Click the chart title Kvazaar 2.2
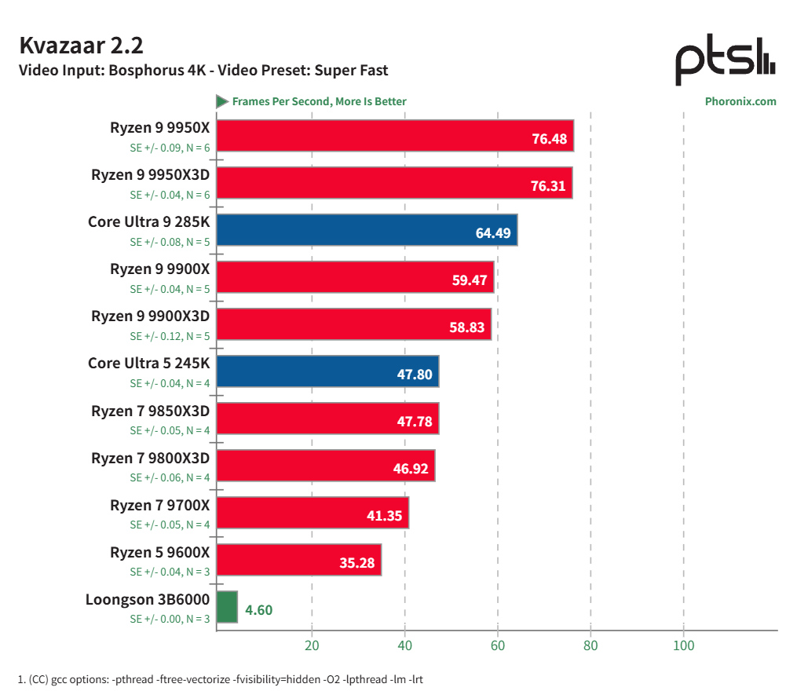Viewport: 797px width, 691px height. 81,46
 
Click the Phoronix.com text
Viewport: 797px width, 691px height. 740,101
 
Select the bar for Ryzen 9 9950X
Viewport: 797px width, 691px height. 394,135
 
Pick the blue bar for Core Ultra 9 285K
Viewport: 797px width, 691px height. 366,229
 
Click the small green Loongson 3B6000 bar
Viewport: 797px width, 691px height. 227,607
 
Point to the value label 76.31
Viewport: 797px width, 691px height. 548,186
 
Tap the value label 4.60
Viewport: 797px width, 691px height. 258,610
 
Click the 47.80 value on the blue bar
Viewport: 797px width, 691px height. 414,375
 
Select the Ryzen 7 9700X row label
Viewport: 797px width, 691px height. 160,505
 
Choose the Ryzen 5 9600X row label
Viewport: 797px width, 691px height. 160,552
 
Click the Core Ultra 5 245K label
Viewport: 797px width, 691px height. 149,364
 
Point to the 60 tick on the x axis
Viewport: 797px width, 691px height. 498,645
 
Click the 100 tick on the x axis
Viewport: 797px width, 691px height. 684,645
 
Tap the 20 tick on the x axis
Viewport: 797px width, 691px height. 312,645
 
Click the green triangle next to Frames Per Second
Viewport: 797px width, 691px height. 222,101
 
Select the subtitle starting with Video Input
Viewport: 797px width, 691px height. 203,71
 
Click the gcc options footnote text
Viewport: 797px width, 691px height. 220,678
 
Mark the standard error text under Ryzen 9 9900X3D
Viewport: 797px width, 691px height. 170,336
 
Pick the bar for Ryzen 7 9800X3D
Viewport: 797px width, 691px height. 325,465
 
